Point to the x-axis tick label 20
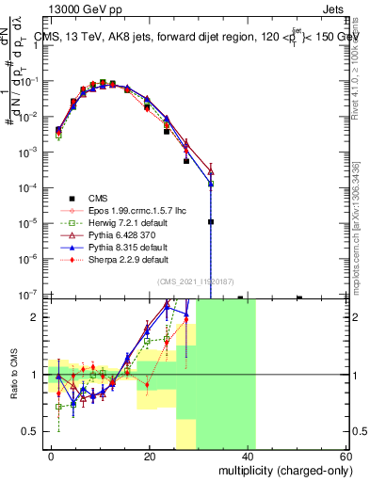tap(150, 455)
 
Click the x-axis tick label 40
tap(248, 455)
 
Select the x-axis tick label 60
tap(346, 455)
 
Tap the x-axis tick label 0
tap(52, 455)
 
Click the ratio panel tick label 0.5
tap(33, 431)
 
